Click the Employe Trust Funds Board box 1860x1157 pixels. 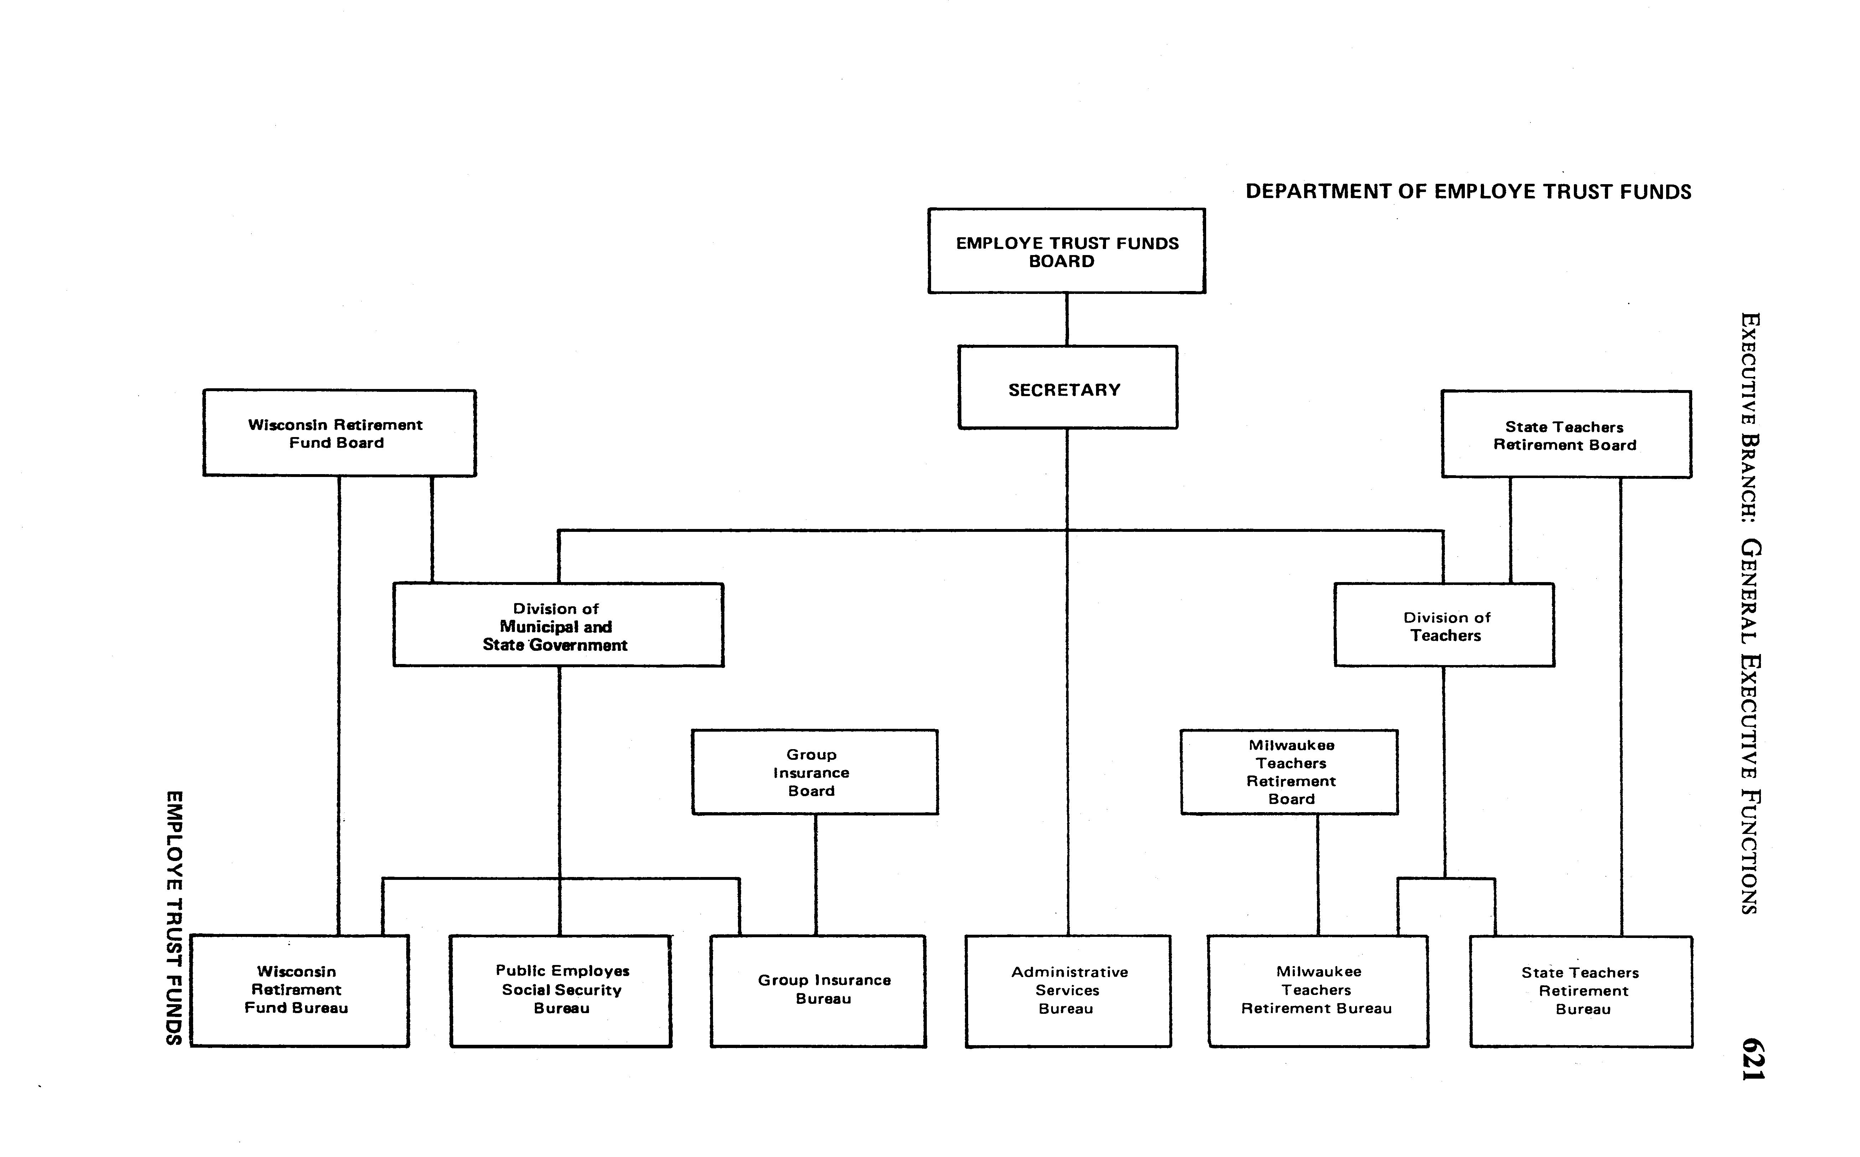[1066, 251]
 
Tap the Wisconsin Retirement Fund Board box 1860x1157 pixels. [339, 433]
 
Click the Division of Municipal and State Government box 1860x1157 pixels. [558, 625]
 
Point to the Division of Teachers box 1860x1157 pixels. [1443, 625]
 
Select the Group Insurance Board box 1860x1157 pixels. [815, 772]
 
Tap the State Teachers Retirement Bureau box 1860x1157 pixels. [1581, 991]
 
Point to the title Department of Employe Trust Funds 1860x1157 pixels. [1468, 191]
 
